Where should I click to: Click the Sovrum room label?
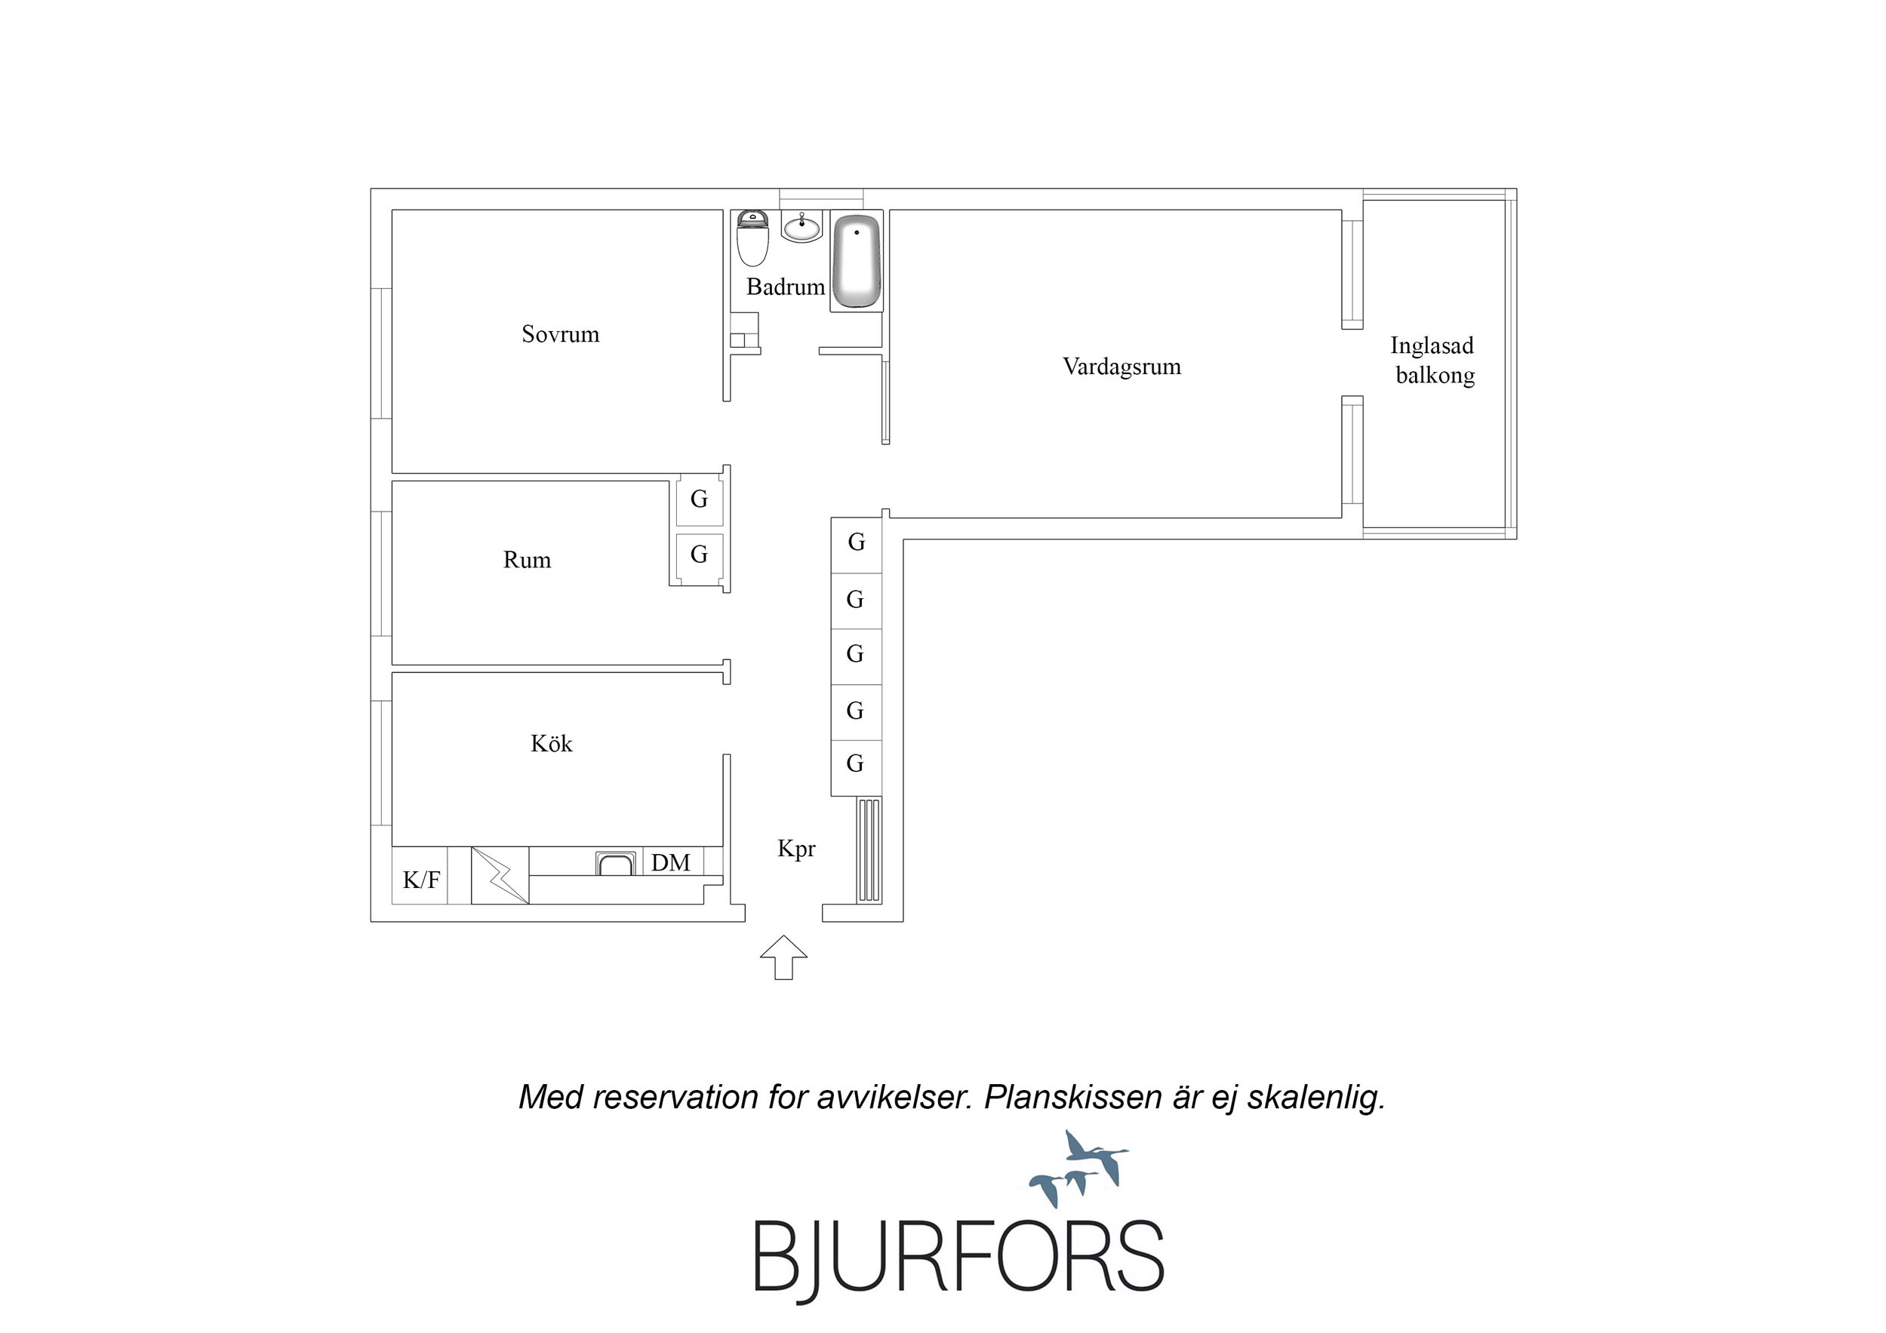click(x=560, y=334)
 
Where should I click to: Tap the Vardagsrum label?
click(x=1121, y=367)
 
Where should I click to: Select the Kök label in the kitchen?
click(x=551, y=743)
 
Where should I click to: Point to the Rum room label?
click(x=527, y=561)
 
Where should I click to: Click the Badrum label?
click(x=786, y=287)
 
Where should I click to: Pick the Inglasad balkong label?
click(x=1433, y=361)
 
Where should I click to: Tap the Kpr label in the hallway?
click(x=796, y=849)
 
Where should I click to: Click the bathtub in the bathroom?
click(x=857, y=261)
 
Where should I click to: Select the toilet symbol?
click(x=752, y=238)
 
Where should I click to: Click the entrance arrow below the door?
click(x=783, y=957)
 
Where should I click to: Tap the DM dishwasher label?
click(x=670, y=862)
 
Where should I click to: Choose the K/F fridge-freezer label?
click(x=420, y=880)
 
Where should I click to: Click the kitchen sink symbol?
click(x=616, y=863)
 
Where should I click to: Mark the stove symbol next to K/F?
click(x=500, y=876)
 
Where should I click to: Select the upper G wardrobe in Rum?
click(x=699, y=499)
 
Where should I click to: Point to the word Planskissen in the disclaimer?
click(x=1075, y=1098)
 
